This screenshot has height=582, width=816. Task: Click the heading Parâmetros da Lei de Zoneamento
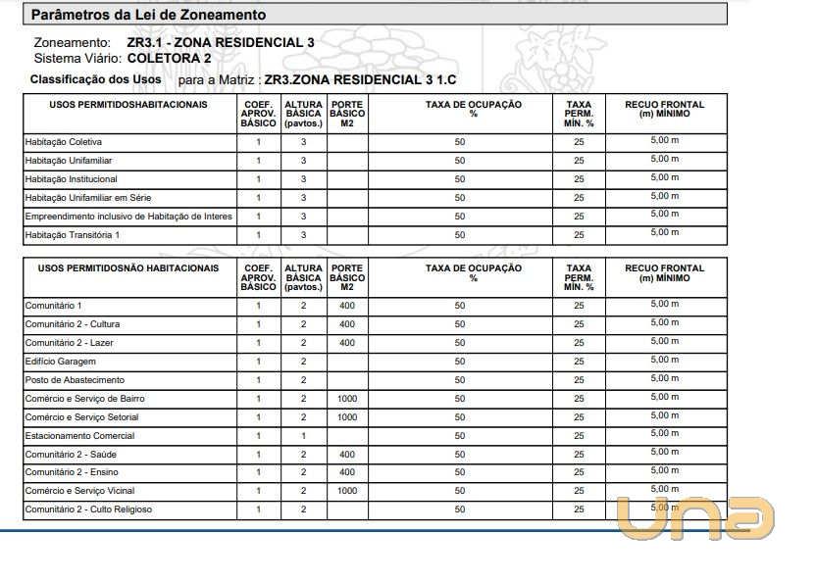(x=149, y=16)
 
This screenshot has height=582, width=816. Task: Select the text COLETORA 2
(x=169, y=58)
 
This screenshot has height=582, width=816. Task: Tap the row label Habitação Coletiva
(x=63, y=142)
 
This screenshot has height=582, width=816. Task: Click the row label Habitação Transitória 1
(x=72, y=235)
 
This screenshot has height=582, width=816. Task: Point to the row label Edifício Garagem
(x=60, y=362)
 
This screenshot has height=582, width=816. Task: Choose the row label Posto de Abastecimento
(x=75, y=380)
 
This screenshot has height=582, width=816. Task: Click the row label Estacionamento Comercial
(x=79, y=436)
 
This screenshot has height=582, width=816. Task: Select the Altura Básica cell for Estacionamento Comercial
(x=304, y=436)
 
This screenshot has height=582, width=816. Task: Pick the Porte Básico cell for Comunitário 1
(x=347, y=306)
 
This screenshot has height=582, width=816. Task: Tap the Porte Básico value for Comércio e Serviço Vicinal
(x=347, y=491)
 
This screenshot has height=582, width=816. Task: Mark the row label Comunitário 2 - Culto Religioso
(x=88, y=509)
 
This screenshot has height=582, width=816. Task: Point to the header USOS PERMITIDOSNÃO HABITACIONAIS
(x=128, y=267)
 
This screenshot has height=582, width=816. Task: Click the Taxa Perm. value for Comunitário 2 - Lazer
(x=579, y=343)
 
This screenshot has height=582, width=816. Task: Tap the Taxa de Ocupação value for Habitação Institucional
(x=460, y=179)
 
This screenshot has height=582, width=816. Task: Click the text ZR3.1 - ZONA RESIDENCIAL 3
(x=221, y=43)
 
